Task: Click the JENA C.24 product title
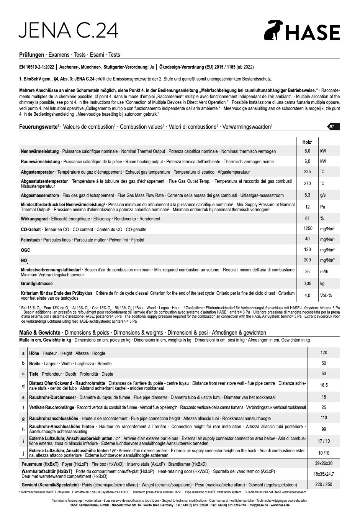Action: coord(69,30)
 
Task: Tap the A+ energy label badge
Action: coord(334,126)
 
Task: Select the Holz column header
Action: coord(307,142)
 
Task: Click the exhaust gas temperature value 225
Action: coord(307,172)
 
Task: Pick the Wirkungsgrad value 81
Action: coord(307,218)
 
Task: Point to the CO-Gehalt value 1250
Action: coord(307,229)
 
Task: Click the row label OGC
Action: coord(25,250)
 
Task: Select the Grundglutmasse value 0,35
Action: coord(307,284)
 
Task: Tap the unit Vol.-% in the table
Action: coord(326,296)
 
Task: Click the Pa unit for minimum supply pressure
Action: coord(322,207)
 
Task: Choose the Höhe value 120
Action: coord(324,353)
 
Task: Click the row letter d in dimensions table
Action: coord(23,386)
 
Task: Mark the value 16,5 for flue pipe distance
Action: coord(324,385)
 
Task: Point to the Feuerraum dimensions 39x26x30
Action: coord(324,463)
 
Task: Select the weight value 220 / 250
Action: coord(324,485)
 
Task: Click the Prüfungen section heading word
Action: coord(31,55)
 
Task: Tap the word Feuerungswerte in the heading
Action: coord(38,127)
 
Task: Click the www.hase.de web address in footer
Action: coord(280,505)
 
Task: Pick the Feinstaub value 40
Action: coord(307,239)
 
